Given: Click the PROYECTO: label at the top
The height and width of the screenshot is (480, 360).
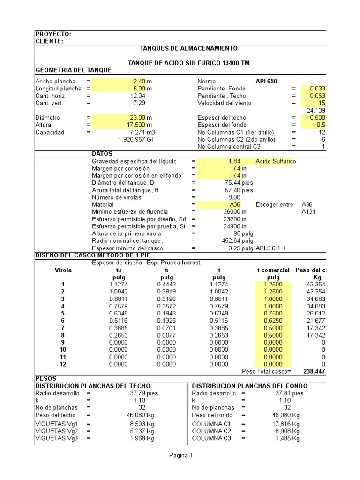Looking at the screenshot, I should tap(53, 34).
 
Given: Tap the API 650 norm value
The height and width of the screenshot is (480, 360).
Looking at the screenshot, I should tap(266, 81).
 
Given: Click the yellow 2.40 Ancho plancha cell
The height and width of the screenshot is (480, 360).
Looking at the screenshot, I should tap(140, 81).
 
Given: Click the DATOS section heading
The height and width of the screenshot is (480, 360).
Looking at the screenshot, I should tap(102, 154).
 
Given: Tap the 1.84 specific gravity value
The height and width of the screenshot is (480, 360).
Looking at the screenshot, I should tap(234, 161).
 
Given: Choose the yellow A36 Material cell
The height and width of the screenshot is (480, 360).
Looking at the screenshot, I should tap(235, 205).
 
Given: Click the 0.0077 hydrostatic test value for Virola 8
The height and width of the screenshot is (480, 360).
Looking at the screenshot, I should tap(166, 335).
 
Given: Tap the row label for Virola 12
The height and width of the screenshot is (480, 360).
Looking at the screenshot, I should tap(63, 364).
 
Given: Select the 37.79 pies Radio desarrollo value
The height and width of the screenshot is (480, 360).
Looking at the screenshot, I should tap(144, 393).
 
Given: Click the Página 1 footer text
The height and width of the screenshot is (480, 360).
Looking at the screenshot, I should tap(180, 455).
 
